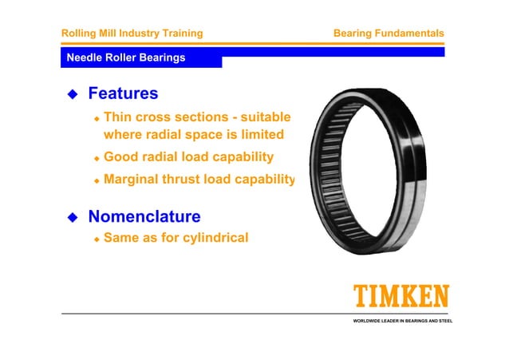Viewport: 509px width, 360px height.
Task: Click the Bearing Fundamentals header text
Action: (388, 34)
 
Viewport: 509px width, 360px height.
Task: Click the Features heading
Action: (123, 94)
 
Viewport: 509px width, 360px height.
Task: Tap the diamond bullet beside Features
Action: (72, 95)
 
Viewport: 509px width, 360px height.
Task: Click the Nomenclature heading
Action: (144, 216)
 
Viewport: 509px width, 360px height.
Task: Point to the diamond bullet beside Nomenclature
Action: (72, 217)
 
